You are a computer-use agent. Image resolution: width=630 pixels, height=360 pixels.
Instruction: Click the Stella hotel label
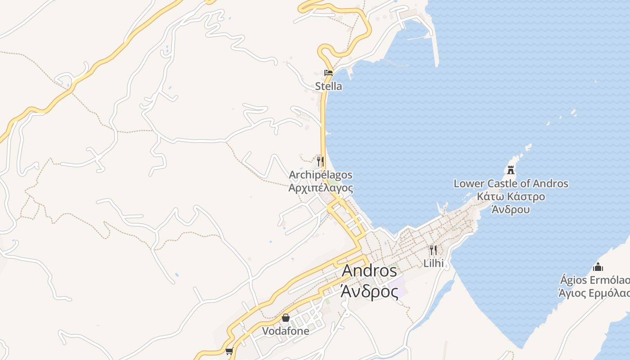click(x=328, y=86)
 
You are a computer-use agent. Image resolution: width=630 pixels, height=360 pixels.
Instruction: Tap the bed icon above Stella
click(x=328, y=72)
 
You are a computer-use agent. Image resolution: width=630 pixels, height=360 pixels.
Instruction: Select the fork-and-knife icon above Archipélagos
click(x=320, y=161)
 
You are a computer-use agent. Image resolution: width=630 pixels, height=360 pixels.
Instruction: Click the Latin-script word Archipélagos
click(x=320, y=175)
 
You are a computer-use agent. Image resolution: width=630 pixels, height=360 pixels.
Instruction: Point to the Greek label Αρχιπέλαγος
click(x=320, y=188)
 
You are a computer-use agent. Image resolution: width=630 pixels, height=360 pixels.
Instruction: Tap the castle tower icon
click(x=511, y=170)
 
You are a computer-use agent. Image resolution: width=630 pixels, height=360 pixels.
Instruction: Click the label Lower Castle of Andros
click(x=511, y=184)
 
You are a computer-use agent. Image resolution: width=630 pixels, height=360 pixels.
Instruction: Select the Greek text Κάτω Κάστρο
click(x=511, y=197)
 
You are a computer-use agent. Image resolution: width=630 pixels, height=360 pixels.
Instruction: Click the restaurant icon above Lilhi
click(x=433, y=250)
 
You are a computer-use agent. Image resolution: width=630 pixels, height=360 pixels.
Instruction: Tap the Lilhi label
click(x=433, y=263)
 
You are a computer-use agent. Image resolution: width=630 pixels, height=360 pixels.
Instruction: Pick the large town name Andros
click(x=369, y=271)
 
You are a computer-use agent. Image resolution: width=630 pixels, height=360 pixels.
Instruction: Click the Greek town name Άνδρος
click(x=369, y=292)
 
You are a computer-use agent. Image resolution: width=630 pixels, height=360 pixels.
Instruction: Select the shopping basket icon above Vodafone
click(x=285, y=318)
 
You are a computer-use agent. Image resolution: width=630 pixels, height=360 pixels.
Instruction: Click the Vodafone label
click(x=285, y=331)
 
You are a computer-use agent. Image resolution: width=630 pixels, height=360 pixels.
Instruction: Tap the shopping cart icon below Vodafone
click(x=229, y=351)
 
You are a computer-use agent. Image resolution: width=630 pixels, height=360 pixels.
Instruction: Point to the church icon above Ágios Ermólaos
click(x=598, y=267)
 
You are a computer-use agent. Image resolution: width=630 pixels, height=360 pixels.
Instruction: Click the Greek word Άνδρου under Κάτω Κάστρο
click(x=511, y=210)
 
